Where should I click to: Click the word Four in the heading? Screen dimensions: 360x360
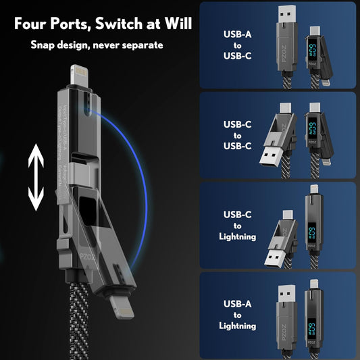[x=30, y=24]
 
